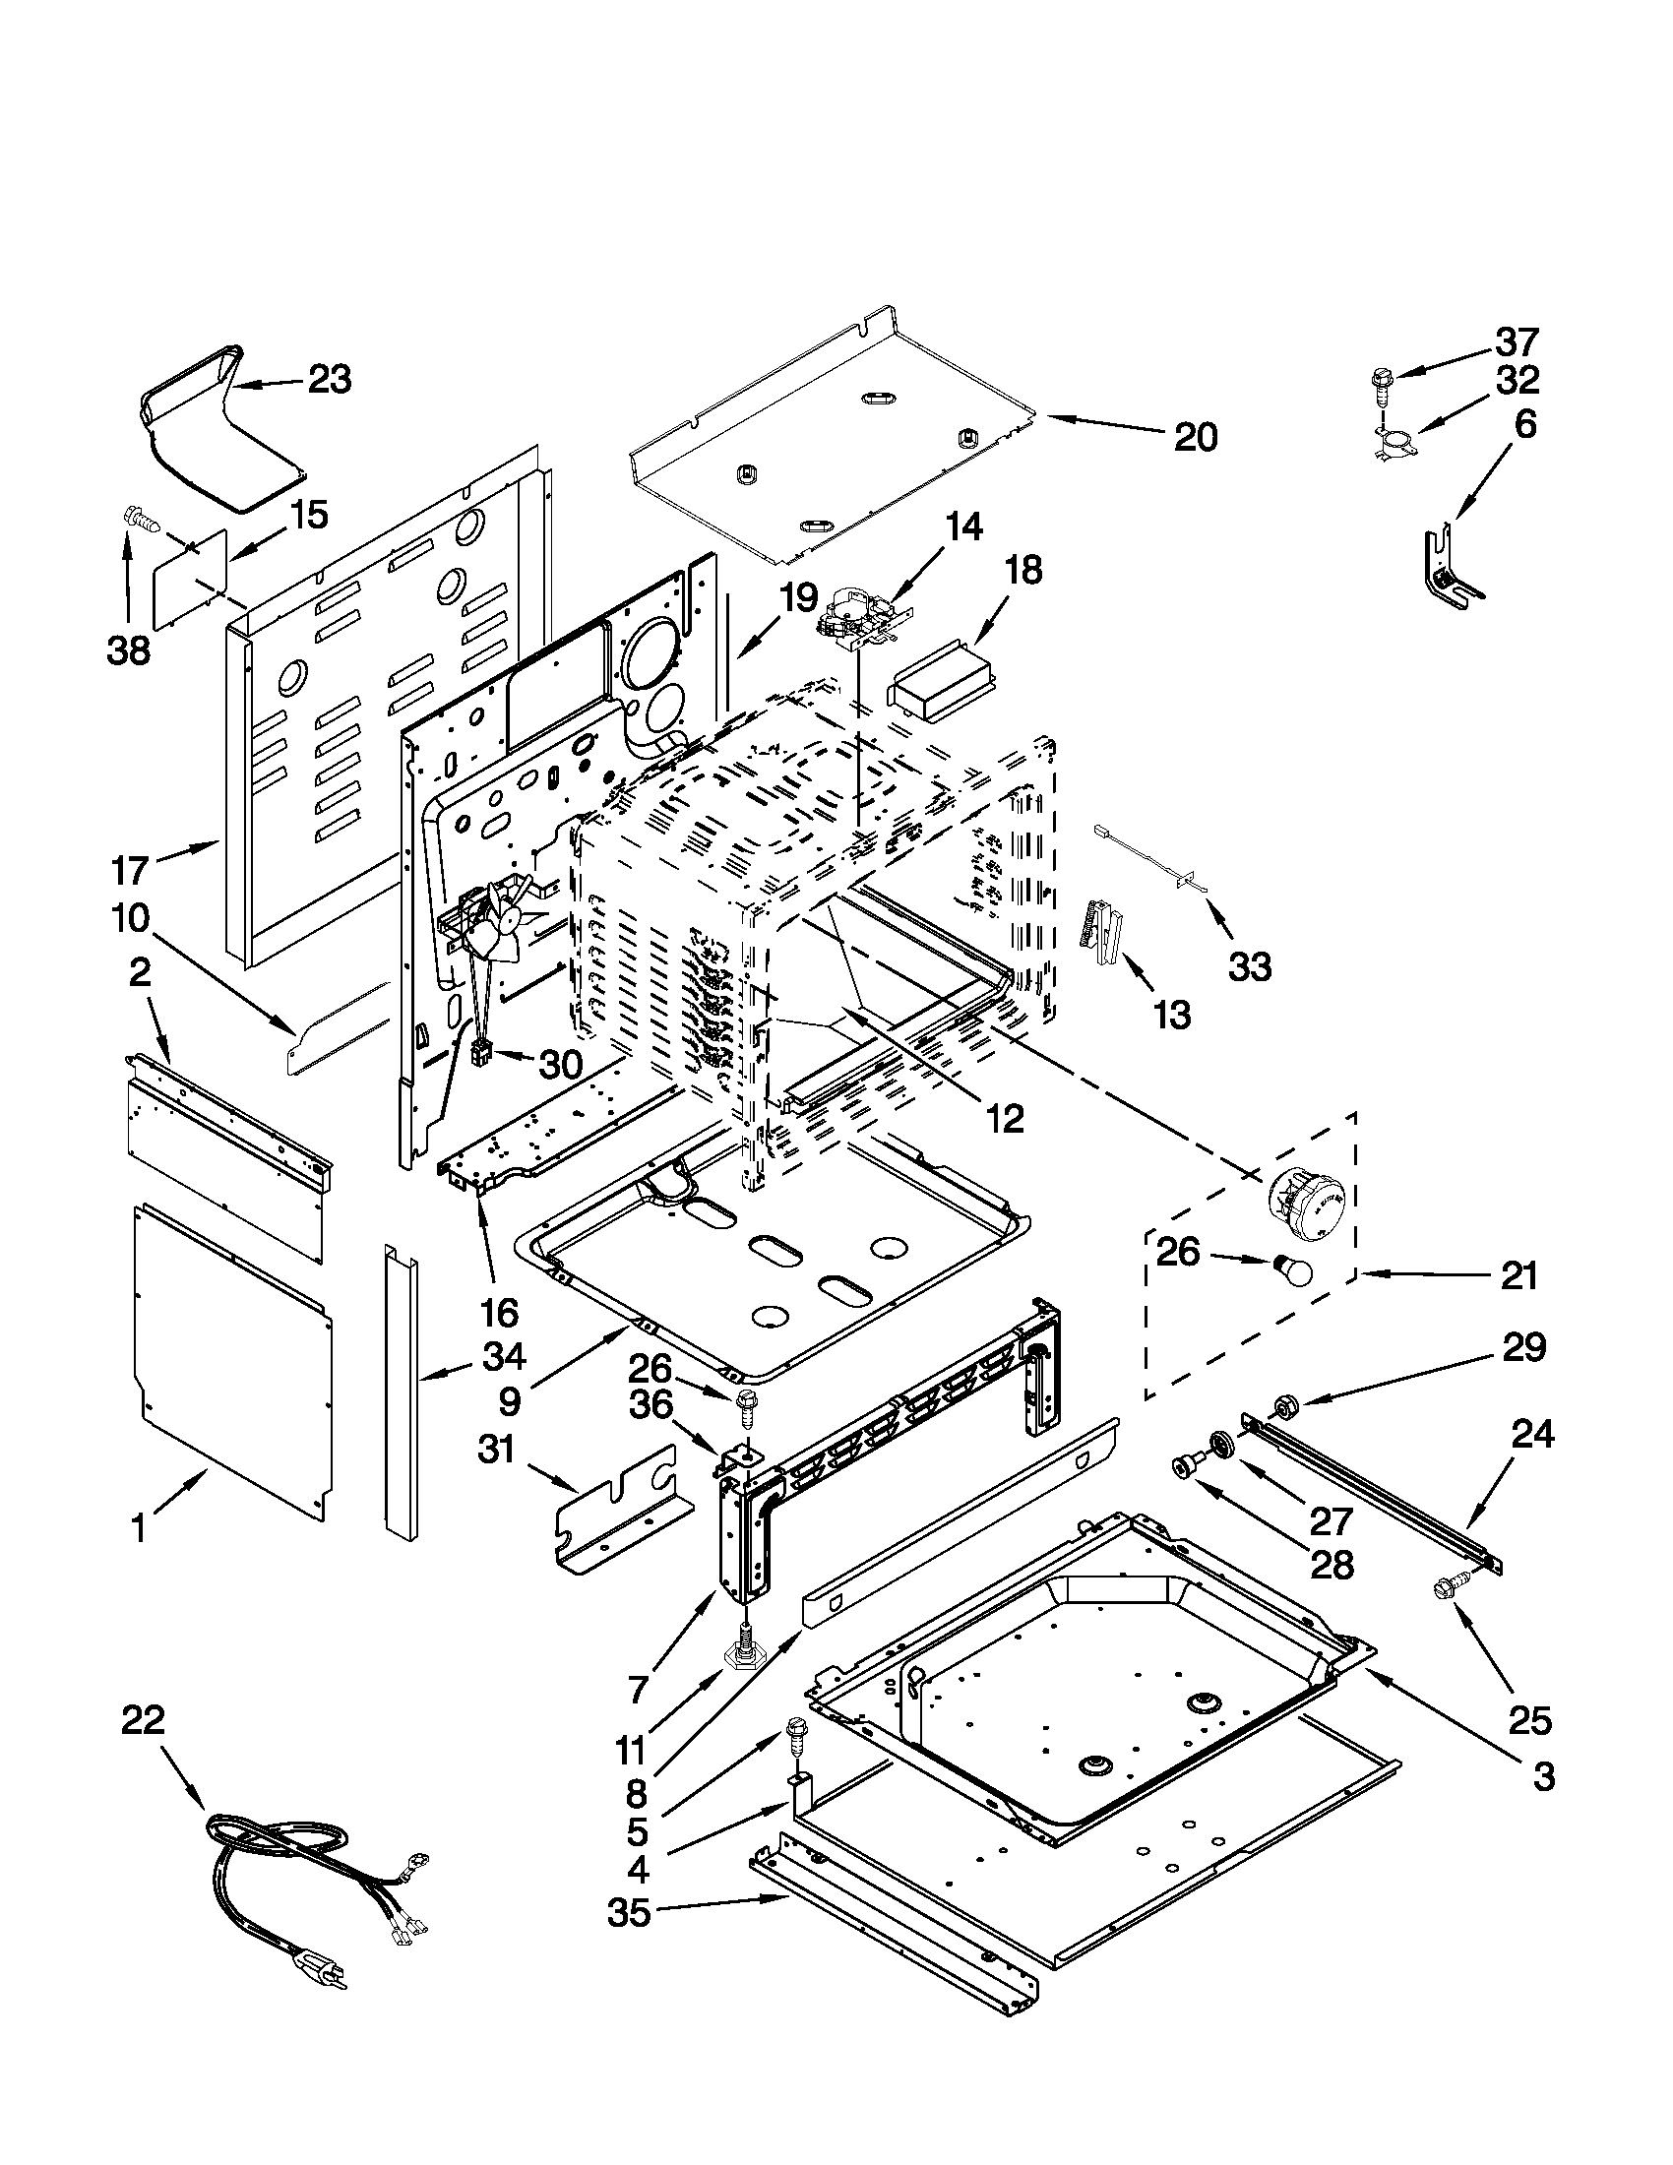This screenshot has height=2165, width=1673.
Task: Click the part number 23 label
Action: coord(329,380)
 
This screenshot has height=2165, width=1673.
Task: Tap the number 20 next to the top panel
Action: coord(1196,437)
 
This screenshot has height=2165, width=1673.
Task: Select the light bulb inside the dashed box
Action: coord(1290,1268)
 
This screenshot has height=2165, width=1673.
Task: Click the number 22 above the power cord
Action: coord(143,1720)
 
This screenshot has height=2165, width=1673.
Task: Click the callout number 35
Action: coord(629,1914)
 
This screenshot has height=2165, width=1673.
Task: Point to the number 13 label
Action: coord(1171,1016)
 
